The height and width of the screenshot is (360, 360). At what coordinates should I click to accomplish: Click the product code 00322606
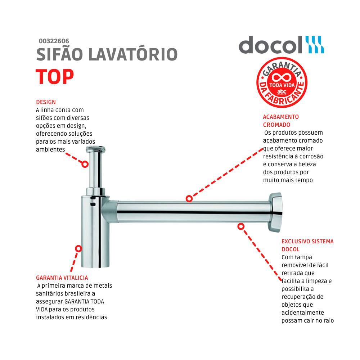(x=54, y=41)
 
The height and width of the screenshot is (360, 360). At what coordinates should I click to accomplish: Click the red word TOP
(x=55, y=76)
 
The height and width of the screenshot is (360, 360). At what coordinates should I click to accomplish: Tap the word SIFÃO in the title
(x=58, y=55)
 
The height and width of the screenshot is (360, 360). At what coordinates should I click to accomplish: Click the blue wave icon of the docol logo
(x=315, y=45)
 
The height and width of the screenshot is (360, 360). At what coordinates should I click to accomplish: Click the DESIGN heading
(x=46, y=102)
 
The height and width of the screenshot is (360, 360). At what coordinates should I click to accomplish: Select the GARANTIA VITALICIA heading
(x=62, y=278)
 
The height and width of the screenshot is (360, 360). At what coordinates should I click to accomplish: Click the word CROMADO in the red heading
(x=276, y=125)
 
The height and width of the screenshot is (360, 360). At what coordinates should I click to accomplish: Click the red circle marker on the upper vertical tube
(x=85, y=164)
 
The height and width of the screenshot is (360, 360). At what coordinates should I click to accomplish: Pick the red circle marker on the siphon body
(x=78, y=248)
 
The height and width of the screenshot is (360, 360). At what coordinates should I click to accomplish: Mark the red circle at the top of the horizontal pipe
(x=189, y=198)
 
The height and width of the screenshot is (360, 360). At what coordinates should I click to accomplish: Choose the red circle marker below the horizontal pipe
(x=241, y=226)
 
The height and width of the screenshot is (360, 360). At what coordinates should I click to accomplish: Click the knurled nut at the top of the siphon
(x=95, y=149)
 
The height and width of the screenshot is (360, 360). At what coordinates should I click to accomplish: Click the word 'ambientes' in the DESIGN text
(x=50, y=149)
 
